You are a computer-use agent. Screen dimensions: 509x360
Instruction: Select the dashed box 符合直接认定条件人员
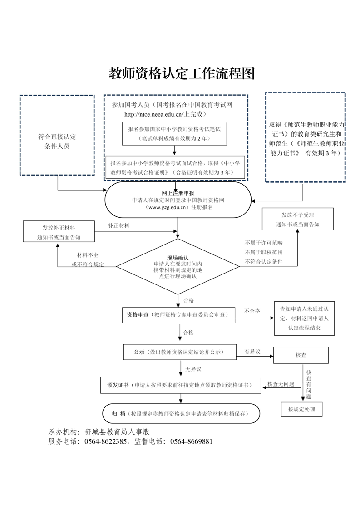[57, 135]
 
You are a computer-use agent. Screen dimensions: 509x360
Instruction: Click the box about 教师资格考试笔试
[174, 133]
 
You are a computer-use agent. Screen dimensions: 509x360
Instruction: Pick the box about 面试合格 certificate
[175, 167]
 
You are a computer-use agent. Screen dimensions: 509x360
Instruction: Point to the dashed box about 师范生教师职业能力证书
[305, 137]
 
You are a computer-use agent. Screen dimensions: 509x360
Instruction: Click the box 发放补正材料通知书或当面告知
[59, 231]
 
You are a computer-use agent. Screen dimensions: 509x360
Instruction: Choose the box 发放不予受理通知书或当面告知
[297, 219]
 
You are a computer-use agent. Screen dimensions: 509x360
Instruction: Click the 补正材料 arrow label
[118, 225]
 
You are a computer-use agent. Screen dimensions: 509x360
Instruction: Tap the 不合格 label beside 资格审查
[252, 311]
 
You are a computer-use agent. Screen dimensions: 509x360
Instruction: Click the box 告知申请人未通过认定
[304, 318]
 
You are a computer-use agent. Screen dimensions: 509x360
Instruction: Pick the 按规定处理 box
[301, 409]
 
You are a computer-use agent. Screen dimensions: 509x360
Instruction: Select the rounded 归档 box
[182, 414]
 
